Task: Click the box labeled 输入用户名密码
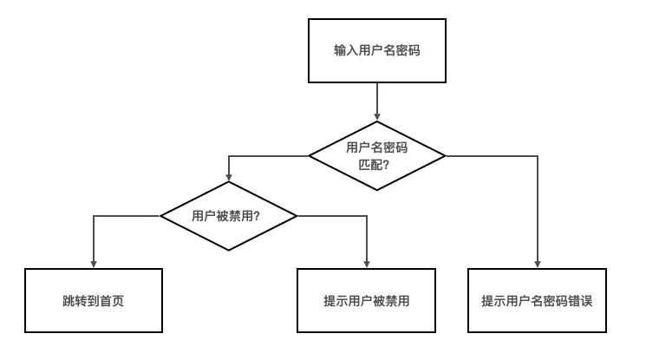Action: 377,51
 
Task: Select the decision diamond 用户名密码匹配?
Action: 377,155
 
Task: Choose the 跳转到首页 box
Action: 94,301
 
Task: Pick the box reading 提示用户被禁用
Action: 366,301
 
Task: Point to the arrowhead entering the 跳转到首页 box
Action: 94,263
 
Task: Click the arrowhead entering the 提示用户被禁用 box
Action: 366,263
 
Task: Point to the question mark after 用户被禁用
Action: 257,216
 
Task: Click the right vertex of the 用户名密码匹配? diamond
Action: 445,155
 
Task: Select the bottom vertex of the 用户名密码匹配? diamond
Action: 377,190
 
